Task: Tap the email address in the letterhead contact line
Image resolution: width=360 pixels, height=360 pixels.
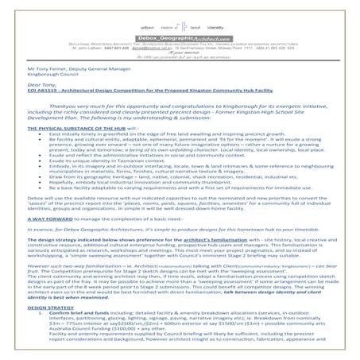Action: coord(143,40)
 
